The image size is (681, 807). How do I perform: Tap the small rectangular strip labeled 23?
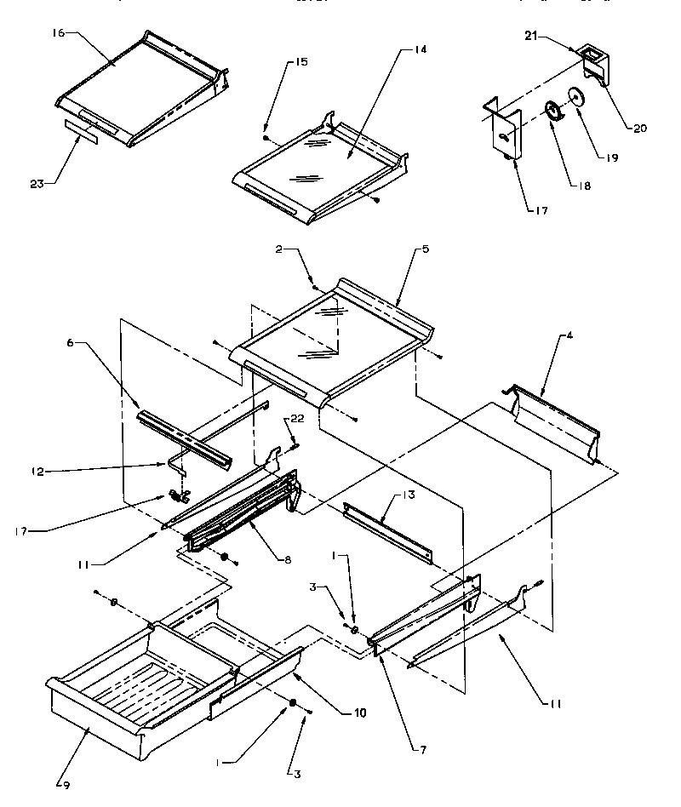coord(82,134)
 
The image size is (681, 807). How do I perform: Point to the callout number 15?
coord(278,63)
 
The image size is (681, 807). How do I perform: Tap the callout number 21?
coord(529,37)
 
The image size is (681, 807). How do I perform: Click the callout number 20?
coord(639,129)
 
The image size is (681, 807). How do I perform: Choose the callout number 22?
coord(296,419)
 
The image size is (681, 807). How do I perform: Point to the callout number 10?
coord(360,712)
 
